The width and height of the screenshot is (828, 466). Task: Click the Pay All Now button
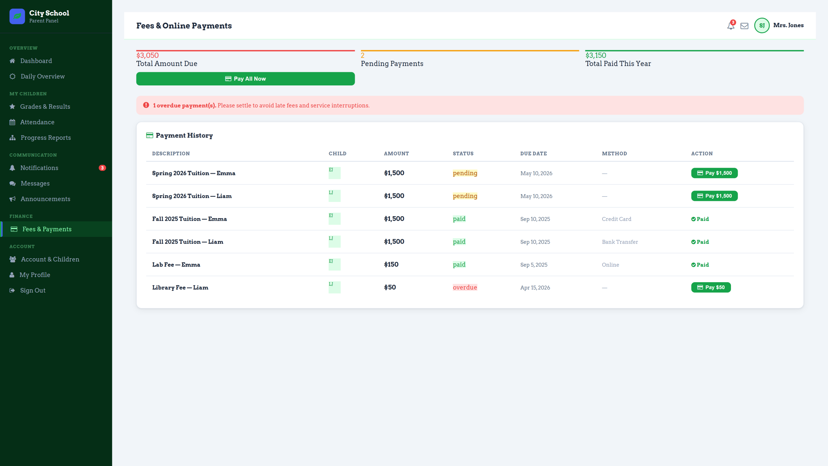(x=245, y=79)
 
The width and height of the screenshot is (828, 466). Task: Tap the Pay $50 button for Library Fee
(x=711, y=287)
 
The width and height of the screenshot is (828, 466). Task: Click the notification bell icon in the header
(x=731, y=26)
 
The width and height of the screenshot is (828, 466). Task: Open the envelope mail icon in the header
(x=744, y=26)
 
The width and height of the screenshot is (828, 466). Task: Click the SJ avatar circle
(x=762, y=26)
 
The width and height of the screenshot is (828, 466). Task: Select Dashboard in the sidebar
(x=36, y=61)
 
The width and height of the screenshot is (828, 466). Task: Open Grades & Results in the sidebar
(x=45, y=106)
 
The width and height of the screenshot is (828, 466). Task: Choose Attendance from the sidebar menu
(x=37, y=122)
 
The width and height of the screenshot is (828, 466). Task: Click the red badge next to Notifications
(x=102, y=168)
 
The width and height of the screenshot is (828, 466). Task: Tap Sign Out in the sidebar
(x=33, y=290)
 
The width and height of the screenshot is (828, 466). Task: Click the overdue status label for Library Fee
(x=465, y=287)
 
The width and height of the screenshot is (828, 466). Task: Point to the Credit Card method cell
(x=616, y=219)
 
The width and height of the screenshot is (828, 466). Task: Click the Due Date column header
(x=533, y=154)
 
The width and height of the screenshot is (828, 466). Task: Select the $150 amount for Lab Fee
(x=391, y=264)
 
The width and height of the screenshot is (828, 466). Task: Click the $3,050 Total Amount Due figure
(x=147, y=55)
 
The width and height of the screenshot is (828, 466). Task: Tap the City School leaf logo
(x=17, y=16)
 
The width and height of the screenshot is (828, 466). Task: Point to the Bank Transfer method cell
(x=620, y=242)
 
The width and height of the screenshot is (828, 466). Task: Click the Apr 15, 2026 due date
(x=535, y=288)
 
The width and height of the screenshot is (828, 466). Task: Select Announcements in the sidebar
(x=45, y=199)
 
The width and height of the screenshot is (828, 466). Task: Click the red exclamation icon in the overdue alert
(x=146, y=105)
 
